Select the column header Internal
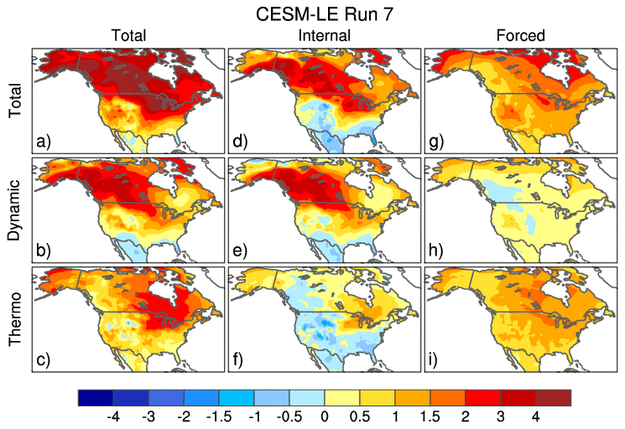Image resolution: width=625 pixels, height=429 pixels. (324, 36)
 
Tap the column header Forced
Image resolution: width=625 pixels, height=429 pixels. (520, 36)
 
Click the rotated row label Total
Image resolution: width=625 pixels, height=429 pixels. (15, 98)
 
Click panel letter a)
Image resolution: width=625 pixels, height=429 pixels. (44, 140)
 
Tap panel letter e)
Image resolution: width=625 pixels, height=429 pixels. (240, 249)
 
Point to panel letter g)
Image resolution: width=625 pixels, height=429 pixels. (436, 140)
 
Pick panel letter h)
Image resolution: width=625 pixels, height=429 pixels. (436, 249)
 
